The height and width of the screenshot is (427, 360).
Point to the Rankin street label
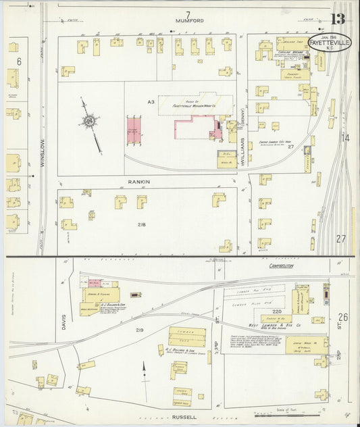(138, 181)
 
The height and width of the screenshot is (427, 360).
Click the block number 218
(142, 224)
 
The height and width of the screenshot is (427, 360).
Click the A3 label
(151, 101)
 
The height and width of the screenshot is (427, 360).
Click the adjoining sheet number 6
(19, 61)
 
